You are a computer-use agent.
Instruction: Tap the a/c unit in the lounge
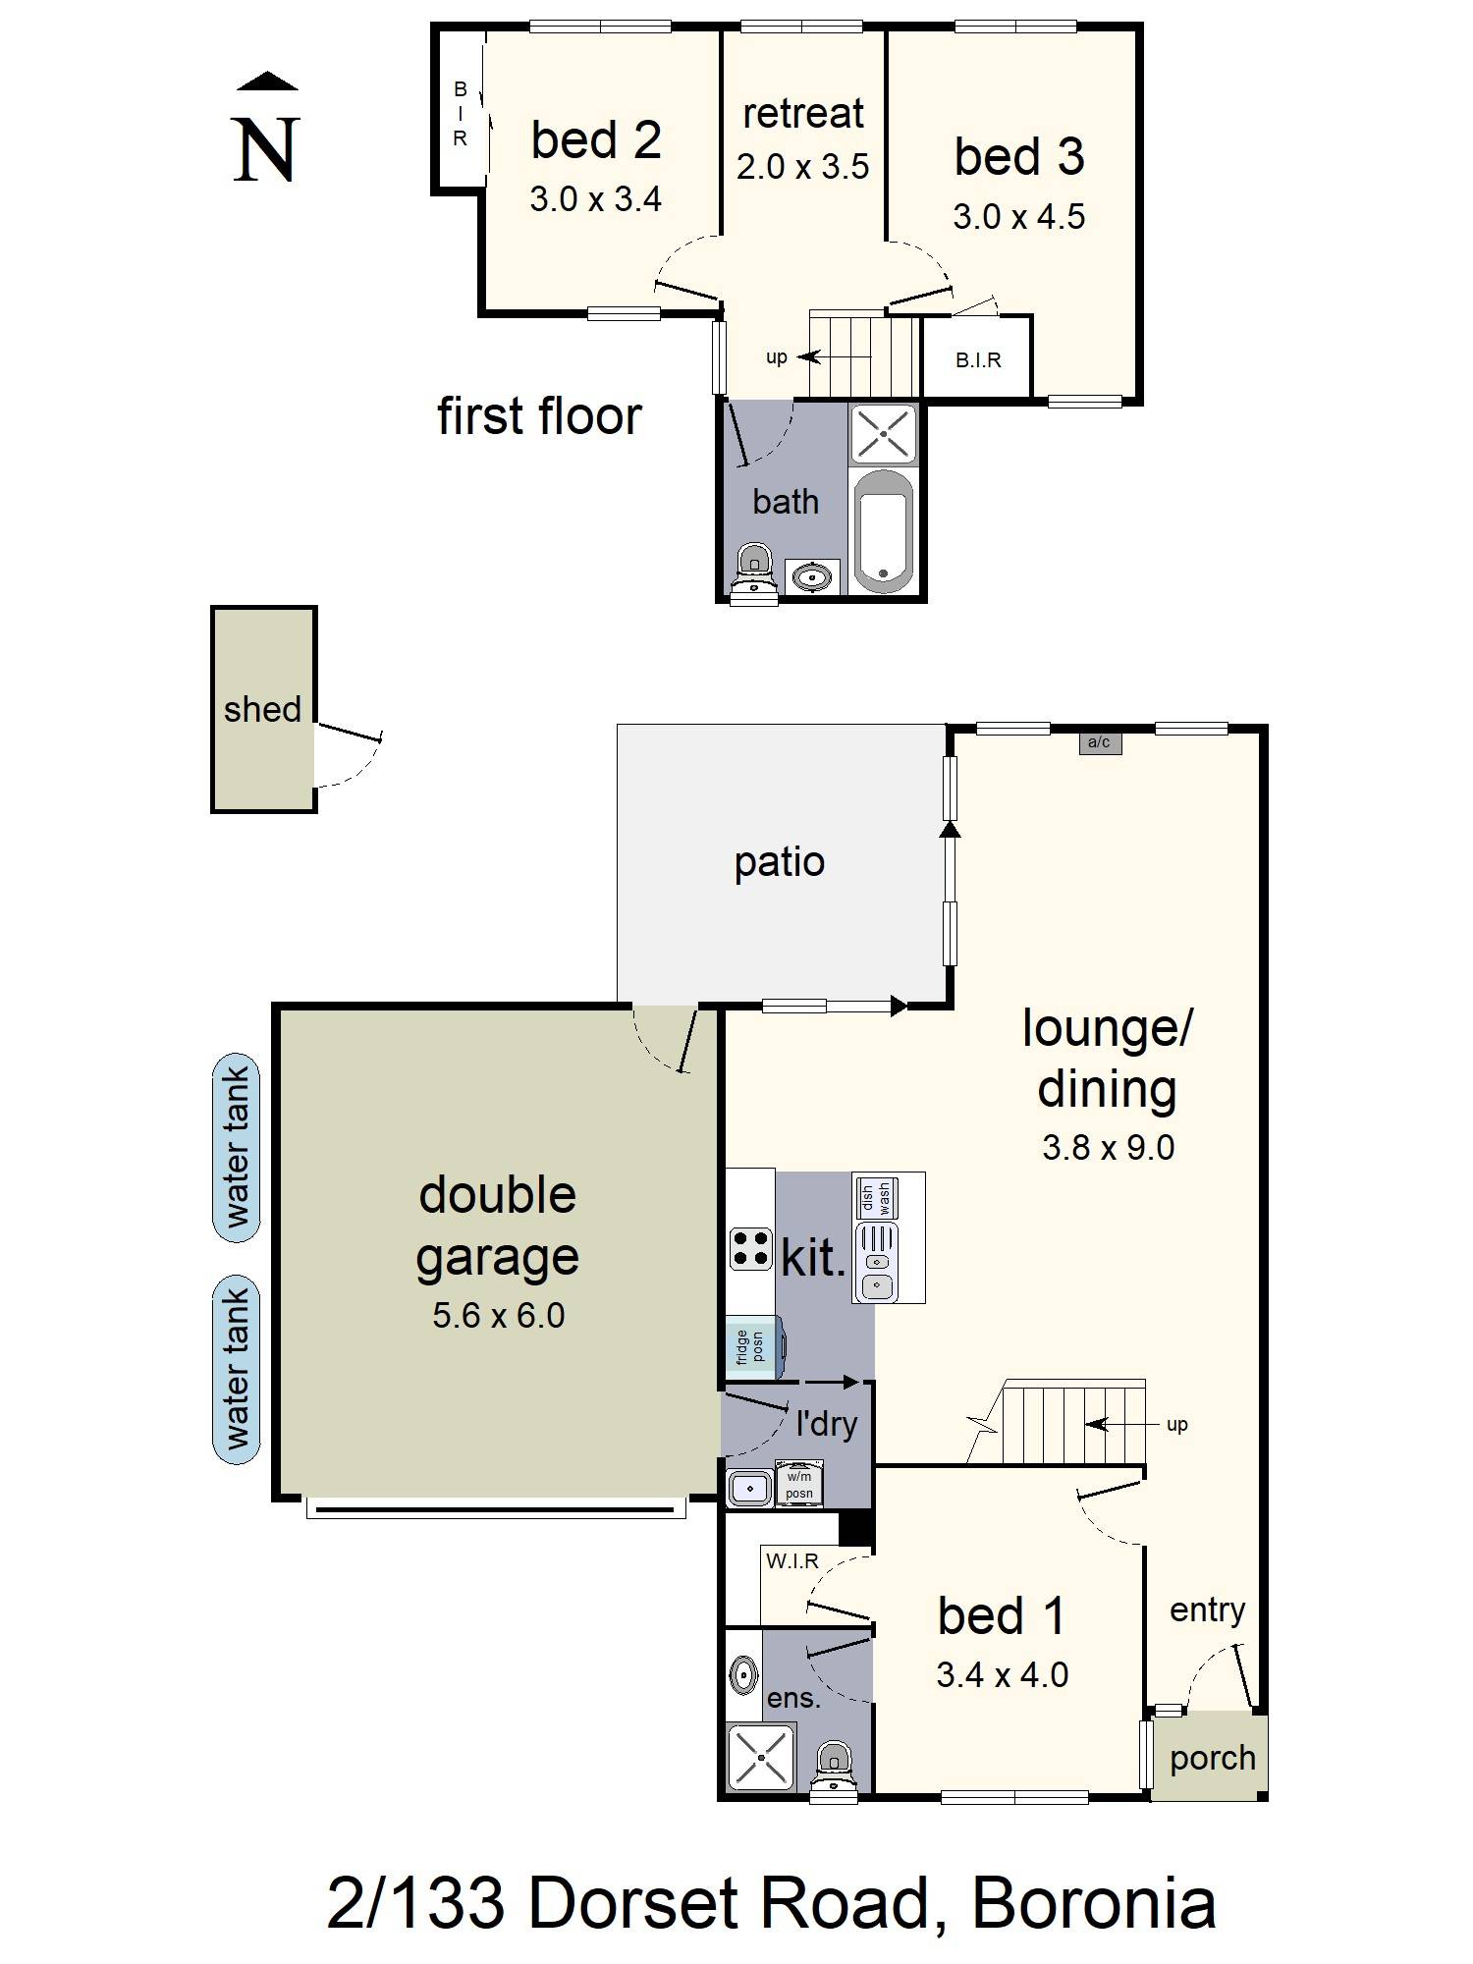[1100, 742]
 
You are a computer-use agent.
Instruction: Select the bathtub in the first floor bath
[884, 531]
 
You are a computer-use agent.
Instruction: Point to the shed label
[262, 709]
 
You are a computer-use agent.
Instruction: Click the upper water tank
[237, 1148]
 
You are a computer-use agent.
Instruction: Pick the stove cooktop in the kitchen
[750, 1249]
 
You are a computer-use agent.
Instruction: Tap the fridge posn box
[752, 1346]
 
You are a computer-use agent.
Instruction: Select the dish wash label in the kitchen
[875, 1197]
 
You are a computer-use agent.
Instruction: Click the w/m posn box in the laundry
[799, 1485]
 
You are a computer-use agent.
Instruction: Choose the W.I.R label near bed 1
[792, 1560]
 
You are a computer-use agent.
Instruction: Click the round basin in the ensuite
[743, 1673]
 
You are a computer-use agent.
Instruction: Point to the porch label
[1213, 1758]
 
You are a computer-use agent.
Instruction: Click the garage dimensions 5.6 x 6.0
[498, 1315]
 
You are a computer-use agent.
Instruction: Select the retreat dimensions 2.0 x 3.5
[802, 167]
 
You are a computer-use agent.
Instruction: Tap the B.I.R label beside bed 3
[978, 360]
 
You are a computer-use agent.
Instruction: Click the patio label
[780, 862]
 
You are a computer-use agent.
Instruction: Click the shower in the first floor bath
[884, 433]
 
